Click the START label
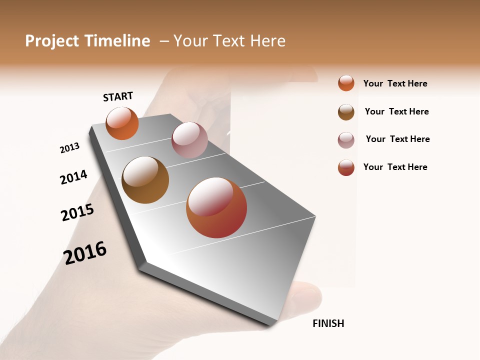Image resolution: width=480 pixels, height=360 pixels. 118,96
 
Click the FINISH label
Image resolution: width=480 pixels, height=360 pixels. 328,323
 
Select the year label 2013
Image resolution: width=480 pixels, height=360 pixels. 69,148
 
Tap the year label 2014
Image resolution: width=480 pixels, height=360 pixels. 73,177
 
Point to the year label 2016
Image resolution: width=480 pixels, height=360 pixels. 85,253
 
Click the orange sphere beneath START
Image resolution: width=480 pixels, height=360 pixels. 122,123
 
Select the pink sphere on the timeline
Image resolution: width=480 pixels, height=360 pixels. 189,140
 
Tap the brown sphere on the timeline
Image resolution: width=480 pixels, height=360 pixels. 145,180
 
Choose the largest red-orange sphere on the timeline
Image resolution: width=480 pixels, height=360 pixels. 216,207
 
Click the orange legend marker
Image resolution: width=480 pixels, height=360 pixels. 346,83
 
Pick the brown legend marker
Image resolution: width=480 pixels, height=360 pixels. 346,112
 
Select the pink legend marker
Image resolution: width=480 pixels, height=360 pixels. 346,140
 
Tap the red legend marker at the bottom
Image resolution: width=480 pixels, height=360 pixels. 346,168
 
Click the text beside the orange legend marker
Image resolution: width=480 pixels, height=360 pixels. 395,83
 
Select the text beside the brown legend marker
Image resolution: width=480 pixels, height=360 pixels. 396,111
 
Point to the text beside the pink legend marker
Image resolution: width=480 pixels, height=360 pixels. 397,139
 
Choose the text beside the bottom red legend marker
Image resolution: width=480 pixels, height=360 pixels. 395,167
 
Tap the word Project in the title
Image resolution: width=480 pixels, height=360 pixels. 52,41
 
